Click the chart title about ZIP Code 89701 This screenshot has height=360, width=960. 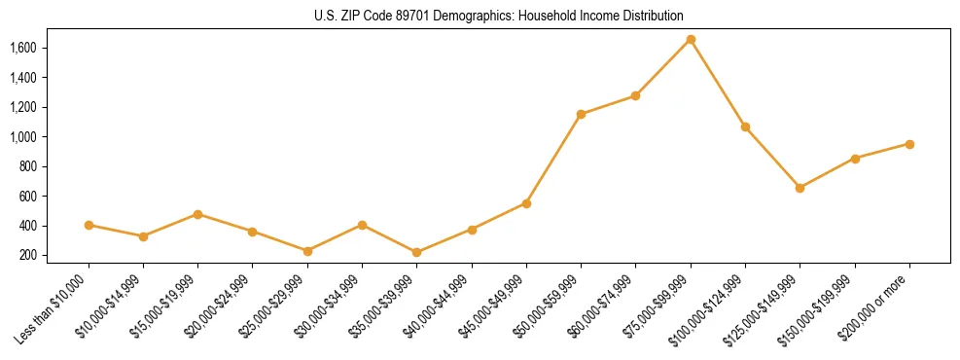click(499, 16)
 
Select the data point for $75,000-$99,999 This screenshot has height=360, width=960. click(691, 39)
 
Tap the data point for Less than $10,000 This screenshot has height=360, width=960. click(89, 225)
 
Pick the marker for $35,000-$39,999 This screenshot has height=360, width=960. click(416, 252)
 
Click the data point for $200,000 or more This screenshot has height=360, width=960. click(909, 144)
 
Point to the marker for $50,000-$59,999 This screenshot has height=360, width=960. click(581, 114)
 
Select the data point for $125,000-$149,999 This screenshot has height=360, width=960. click(800, 188)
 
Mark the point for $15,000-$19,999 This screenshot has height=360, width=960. click(197, 214)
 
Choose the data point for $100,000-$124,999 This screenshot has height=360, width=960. click(745, 126)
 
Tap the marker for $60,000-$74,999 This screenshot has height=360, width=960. click(635, 95)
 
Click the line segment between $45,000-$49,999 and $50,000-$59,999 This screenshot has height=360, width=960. click(553, 159)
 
